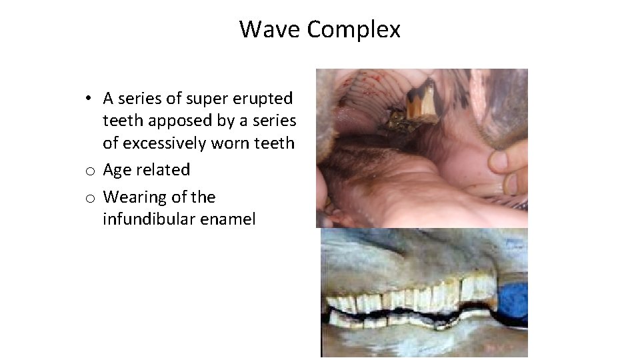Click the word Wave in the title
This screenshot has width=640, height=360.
coord(271,29)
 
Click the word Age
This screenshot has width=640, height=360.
coord(117,171)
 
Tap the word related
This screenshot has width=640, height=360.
coord(163,170)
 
